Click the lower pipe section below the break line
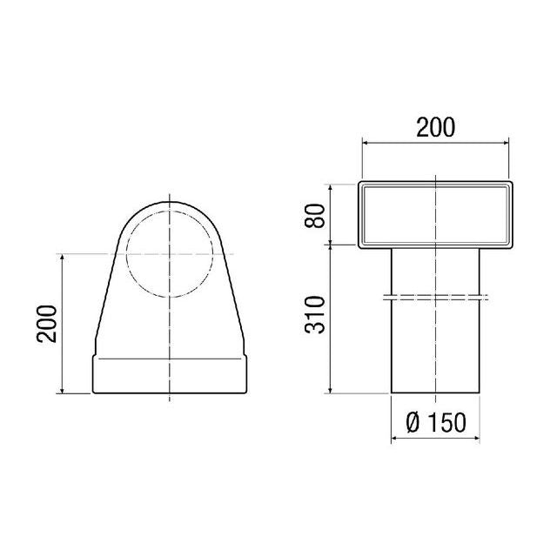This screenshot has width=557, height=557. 435,348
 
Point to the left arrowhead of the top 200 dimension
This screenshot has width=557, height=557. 363,143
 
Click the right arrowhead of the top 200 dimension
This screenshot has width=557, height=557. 508,143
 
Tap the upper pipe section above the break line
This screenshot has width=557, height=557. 435,270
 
